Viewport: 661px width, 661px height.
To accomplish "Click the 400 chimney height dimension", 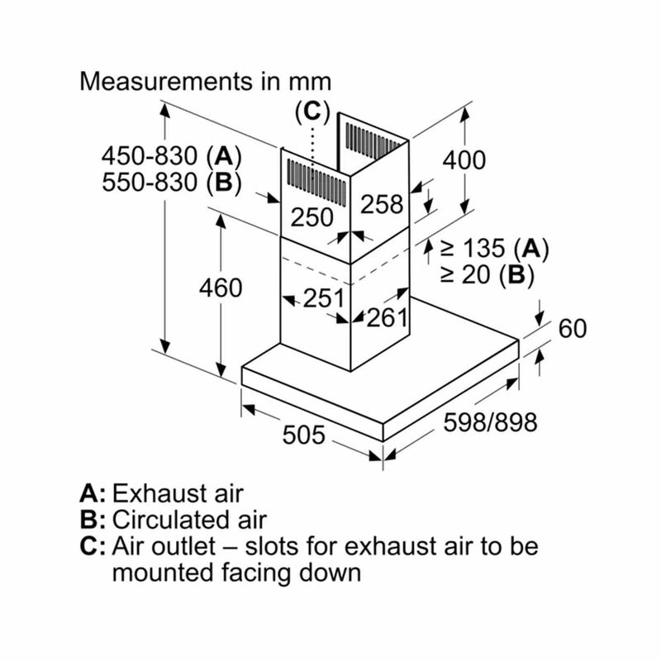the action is (464, 161).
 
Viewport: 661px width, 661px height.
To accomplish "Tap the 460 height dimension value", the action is (221, 288).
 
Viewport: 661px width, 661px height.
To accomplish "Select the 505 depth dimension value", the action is (303, 435).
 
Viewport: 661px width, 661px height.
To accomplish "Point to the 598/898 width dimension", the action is (490, 422).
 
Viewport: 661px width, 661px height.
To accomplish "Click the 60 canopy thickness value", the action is (572, 328).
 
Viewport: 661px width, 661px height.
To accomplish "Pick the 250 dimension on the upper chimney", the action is (312, 218).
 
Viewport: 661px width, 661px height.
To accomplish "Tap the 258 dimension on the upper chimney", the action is (382, 204).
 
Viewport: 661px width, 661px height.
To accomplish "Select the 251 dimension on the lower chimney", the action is (324, 298).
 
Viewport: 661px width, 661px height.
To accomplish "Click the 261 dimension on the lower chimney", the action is (388, 317).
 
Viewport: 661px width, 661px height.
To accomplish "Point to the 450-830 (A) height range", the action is (172, 156).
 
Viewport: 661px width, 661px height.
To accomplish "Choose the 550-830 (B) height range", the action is (172, 183).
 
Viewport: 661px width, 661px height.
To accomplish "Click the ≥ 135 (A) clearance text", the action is (494, 248).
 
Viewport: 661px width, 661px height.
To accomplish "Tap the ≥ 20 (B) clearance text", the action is (487, 274).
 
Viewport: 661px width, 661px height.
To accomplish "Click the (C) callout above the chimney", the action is (312, 112).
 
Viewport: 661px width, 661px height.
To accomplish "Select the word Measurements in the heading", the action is (167, 81).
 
